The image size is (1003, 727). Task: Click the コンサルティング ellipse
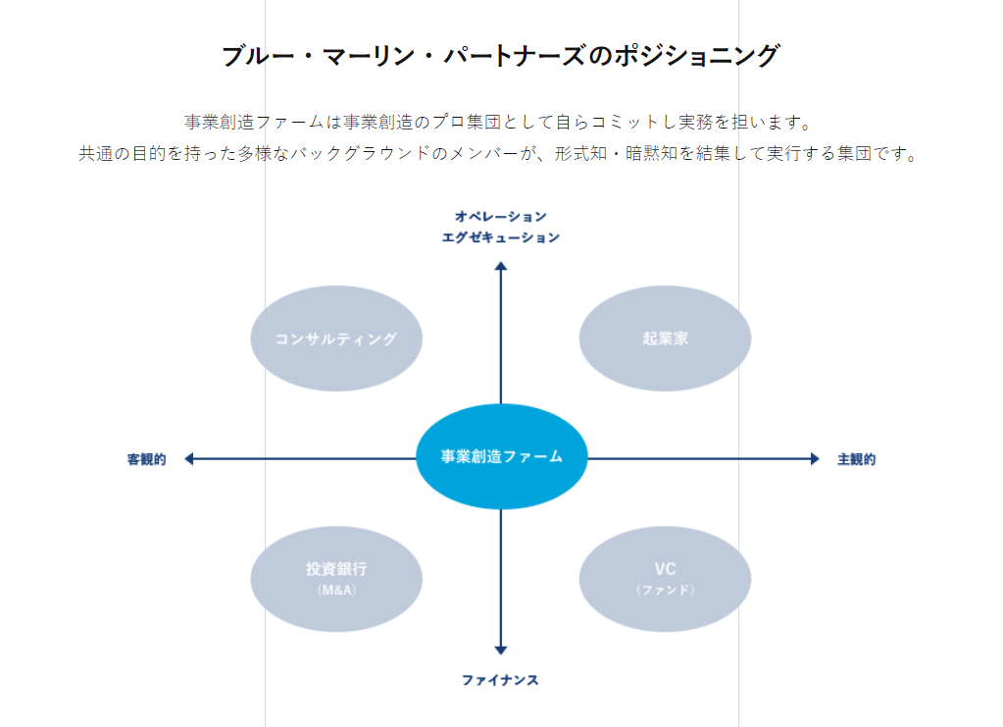click(336, 338)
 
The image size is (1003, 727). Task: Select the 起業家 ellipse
click(665, 338)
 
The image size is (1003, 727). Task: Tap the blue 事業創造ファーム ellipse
click(501, 457)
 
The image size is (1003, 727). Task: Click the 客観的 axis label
click(146, 459)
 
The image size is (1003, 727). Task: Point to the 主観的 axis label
click(856, 459)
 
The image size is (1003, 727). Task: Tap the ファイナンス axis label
click(500, 680)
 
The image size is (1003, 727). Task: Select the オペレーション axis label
click(500, 216)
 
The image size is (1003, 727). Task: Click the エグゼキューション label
click(500, 237)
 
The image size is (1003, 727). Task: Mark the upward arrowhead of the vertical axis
click(501, 266)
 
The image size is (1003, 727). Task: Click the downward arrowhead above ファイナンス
click(501, 649)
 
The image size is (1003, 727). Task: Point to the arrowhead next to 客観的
click(189, 458)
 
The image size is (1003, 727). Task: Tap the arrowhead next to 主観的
click(814, 458)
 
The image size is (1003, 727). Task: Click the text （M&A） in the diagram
click(336, 591)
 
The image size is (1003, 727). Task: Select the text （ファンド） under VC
click(665, 591)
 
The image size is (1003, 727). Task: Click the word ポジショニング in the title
click(697, 56)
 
